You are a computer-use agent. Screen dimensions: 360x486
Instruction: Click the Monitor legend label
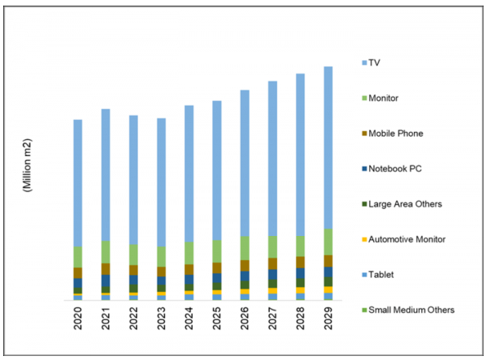pyautogui.click(x=388, y=98)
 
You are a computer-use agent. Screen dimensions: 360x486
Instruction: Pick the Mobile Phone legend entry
pyautogui.click(x=397, y=133)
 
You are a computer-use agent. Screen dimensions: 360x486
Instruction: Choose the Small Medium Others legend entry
pyautogui.click(x=410, y=310)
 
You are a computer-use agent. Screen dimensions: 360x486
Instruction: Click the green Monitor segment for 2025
pyautogui.click(x=217, y=251)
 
